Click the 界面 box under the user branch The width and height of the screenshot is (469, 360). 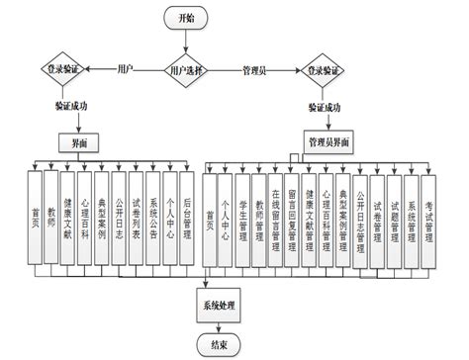pyautogui.click(x=79, y=141)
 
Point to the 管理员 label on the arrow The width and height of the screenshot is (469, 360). pyautogui.click(x=258, y=71)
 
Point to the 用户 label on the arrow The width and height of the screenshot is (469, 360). pyautogui.click(x=126, y=70)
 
